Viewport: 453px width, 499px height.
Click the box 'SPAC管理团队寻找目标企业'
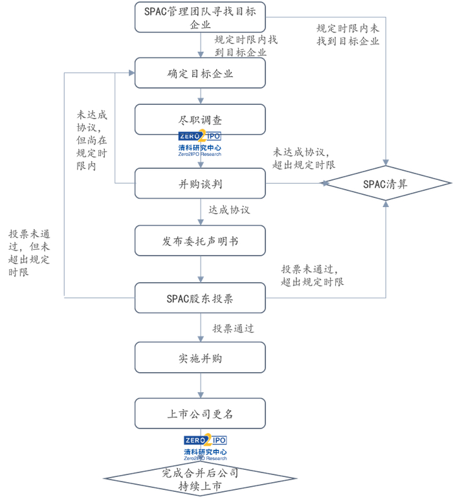200,17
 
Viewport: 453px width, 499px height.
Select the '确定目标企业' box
200,73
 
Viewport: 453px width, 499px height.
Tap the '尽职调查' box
200,120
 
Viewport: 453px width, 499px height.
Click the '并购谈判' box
200,184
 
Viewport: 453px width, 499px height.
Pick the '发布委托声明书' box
200,241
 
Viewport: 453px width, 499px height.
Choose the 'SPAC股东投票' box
200,298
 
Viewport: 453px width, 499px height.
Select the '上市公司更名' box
200,414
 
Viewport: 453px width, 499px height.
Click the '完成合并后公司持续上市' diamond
200,480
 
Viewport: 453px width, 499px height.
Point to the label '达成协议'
228,210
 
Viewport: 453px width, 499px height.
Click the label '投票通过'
233,329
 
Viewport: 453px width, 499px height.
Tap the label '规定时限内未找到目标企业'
348,35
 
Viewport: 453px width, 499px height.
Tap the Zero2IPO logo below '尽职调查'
200,144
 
